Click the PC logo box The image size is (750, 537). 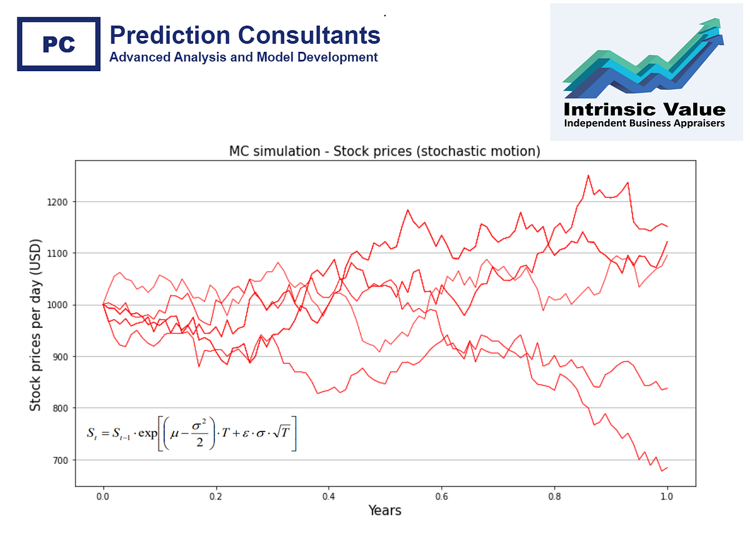point(59,44)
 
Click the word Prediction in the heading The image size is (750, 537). point(161,35)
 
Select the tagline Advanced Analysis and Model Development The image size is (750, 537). point(243,57)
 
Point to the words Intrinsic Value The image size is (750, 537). point(644,110)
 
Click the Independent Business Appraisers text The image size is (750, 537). point(644,124)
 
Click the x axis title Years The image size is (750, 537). point(384,511)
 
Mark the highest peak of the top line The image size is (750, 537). point(588,175)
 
